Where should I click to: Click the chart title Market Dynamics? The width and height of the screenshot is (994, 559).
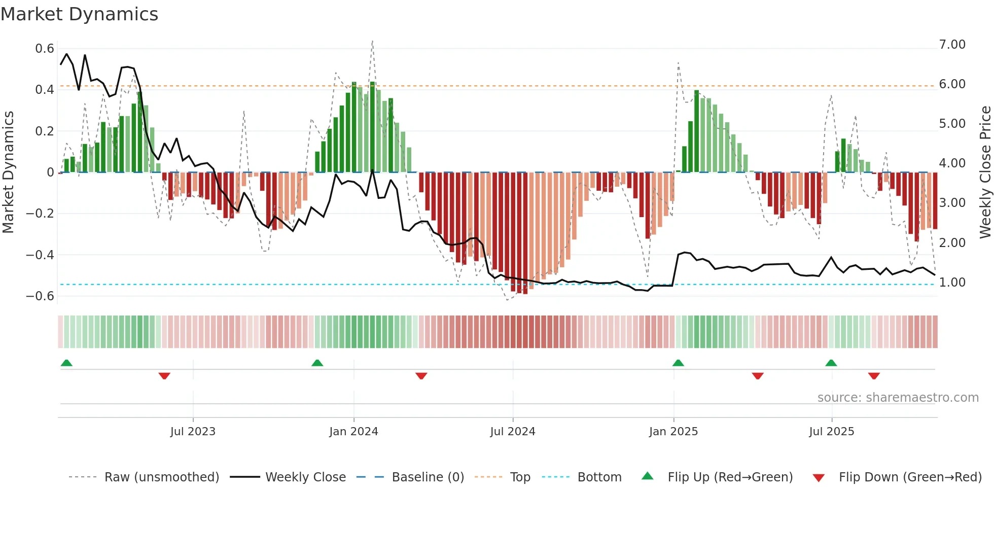pos(79,14)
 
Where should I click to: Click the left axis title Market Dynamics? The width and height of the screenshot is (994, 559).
pos(8,172)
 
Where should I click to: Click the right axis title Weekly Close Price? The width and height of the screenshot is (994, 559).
pos(985,172)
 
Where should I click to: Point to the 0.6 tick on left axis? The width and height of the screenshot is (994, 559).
pos(45,49)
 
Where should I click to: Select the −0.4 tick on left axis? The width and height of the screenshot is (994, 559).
pos(40,255)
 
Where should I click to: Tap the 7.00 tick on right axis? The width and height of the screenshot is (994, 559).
pos(952,45)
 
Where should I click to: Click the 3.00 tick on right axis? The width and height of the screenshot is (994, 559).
pos(952,203)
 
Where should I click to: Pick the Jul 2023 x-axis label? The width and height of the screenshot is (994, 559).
pos(193,432)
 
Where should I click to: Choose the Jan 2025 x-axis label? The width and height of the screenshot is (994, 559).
pos(673,432)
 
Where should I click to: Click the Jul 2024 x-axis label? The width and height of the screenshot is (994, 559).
pos(513,432)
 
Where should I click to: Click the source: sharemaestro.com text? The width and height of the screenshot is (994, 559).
pos(898,398)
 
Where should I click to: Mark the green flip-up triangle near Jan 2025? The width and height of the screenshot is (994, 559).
pos(678,363)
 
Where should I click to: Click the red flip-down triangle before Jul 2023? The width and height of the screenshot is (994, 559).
pos(164,376)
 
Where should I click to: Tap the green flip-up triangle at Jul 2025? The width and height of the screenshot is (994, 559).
pos(831,363)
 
